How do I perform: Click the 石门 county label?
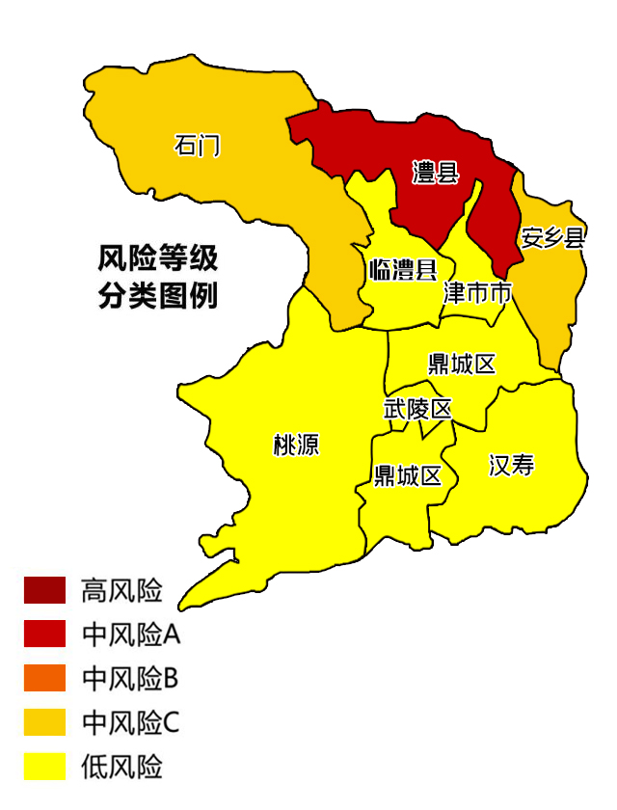tap(197, 146)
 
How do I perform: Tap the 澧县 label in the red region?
tap(435, 174)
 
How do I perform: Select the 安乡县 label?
tap(553, 238)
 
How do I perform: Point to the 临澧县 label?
tap(403, 270)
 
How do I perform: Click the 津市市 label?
tap(477, 293)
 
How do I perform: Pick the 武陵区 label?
tap(417, 409)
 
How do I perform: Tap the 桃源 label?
tap(296, 445)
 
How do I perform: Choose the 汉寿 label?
tap(511, 467)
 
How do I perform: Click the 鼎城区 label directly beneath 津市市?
tap(462, 364)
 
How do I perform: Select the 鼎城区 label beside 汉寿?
tap(408, 475)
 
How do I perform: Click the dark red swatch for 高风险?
tap(45, 590)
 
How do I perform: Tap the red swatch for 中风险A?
tap(45, 634)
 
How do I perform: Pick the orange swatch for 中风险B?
tap(45, 678)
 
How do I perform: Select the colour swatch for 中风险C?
tap(45, 722)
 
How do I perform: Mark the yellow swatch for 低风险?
tap(45, 767)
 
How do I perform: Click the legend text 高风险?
tap(121, 590)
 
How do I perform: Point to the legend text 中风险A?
tap(131, 634)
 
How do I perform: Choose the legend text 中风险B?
tap(130, 678)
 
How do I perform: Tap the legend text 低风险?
tap(121, 767)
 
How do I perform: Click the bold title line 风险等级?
tap(158, 258)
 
